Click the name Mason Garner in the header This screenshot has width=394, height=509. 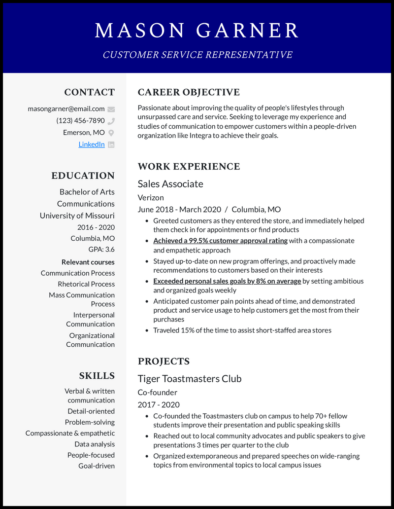pos(197,31)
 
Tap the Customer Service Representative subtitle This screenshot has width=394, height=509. pos(197,55)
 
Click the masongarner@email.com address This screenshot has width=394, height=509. pos(66,109)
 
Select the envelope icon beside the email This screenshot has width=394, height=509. pos(111,109)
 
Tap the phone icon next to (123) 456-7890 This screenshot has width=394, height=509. pos(111,121)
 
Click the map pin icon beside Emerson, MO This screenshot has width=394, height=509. pos(111,133)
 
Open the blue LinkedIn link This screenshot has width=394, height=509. pos(92,145)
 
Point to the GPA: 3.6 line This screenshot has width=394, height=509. pos(101,250)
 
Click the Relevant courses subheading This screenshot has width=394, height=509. pos(88,262)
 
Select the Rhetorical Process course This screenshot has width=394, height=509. pos(86,284)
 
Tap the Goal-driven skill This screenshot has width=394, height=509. pos(97,466)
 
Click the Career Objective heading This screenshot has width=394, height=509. pos(189,92)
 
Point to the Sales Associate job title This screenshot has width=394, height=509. pos(170,184)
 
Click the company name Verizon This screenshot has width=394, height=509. pos(151,197)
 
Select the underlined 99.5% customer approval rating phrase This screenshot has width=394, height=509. pos(220,241)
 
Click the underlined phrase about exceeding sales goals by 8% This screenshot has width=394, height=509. pos(227,281)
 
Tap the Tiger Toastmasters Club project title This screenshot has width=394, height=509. pos(190,379)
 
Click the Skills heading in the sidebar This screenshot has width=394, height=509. pos(97,376)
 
